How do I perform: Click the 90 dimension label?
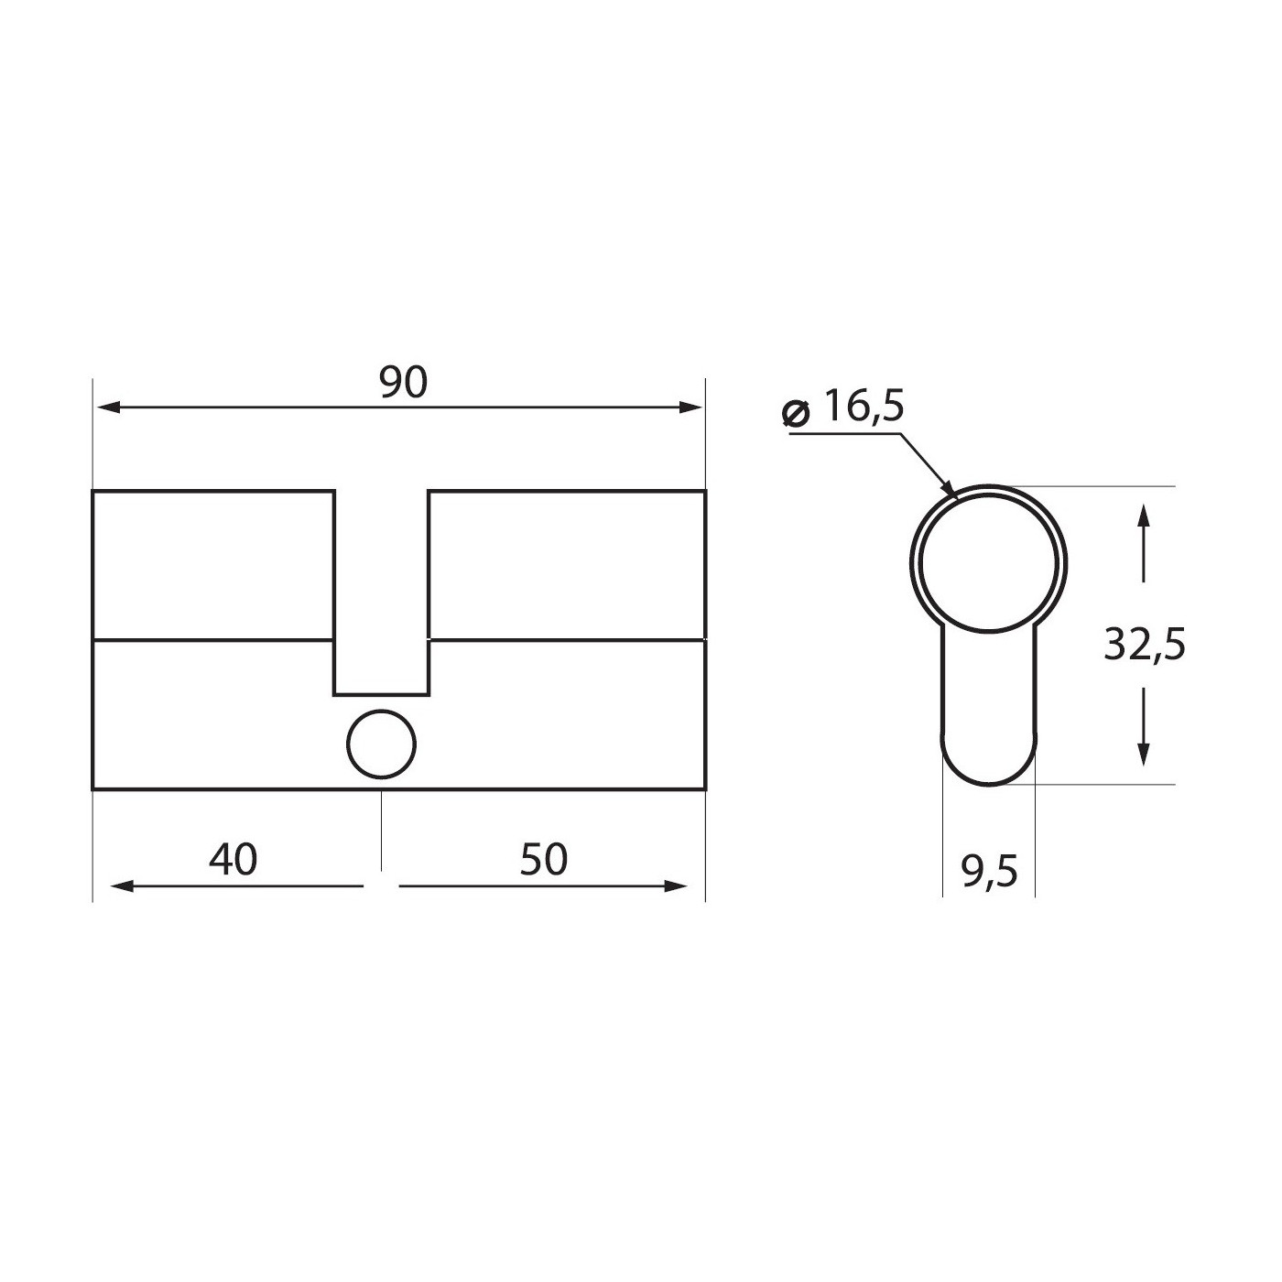(x=403, y=383)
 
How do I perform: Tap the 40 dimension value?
(x=234, y=860)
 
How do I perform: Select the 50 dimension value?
(x=544, y=860)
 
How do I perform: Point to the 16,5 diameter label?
(x=864, y=406)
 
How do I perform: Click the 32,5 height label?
(x=1145, y=646)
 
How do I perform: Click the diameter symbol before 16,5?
(x=796, y=413)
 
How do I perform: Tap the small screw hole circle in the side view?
(x=381, y=744)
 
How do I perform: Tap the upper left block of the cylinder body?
(x=212, y=564)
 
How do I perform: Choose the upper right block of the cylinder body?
(x=566, y=564)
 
